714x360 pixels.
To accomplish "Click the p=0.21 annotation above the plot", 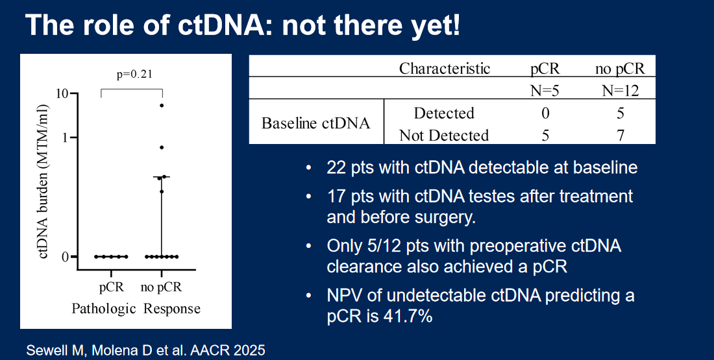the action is click(x=134, y=74).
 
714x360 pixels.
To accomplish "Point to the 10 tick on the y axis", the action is click(x=62, y=94).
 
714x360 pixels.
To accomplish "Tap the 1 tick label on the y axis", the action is click(x=64, y=138).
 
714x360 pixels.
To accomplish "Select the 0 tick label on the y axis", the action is click(x=65, y=257).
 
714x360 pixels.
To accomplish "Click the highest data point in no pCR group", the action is click(x=161, y=106).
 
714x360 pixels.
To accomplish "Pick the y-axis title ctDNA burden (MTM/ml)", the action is click(x=43, y=182).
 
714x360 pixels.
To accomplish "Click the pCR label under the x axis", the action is click(x=112, y=287).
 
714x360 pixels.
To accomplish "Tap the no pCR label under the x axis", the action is click(x=161, y=287).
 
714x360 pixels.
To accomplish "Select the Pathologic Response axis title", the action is click(x=136, y=309).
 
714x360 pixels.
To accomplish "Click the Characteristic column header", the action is click(x=445, y=68).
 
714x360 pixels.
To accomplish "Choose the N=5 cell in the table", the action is click(x=545, y=91).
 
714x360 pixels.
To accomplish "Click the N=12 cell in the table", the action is click(x=620, y=91).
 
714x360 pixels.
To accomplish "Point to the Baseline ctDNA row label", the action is click(x=315, y=123).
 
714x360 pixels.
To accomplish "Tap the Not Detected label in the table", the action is click(x=444, y=135).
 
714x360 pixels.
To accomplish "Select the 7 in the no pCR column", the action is click(x=620, y=135).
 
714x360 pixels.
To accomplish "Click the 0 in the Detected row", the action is click(x=545, y=113).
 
